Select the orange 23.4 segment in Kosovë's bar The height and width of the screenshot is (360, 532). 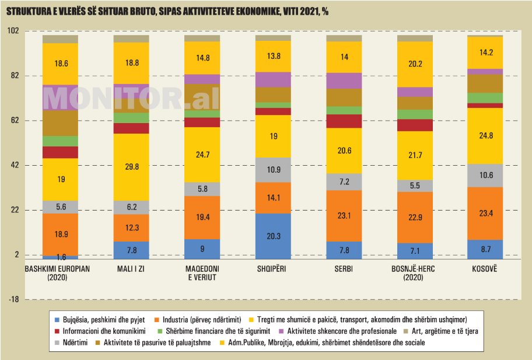[485, 214]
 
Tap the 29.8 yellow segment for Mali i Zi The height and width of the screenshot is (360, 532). [131, 167]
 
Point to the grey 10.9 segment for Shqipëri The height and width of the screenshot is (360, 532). [273, 170]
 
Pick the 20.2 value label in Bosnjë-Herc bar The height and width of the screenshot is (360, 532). [415, 64]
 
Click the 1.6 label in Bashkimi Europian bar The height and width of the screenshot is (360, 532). [61, 257]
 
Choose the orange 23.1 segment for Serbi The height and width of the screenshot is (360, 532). [344, 215]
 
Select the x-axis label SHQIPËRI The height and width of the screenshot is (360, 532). [273, 268]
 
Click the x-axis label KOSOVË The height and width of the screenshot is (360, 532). [485, 268]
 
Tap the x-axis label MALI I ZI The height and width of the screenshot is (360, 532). [131, 268]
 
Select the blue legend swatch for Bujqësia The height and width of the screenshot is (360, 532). [57, 319]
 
